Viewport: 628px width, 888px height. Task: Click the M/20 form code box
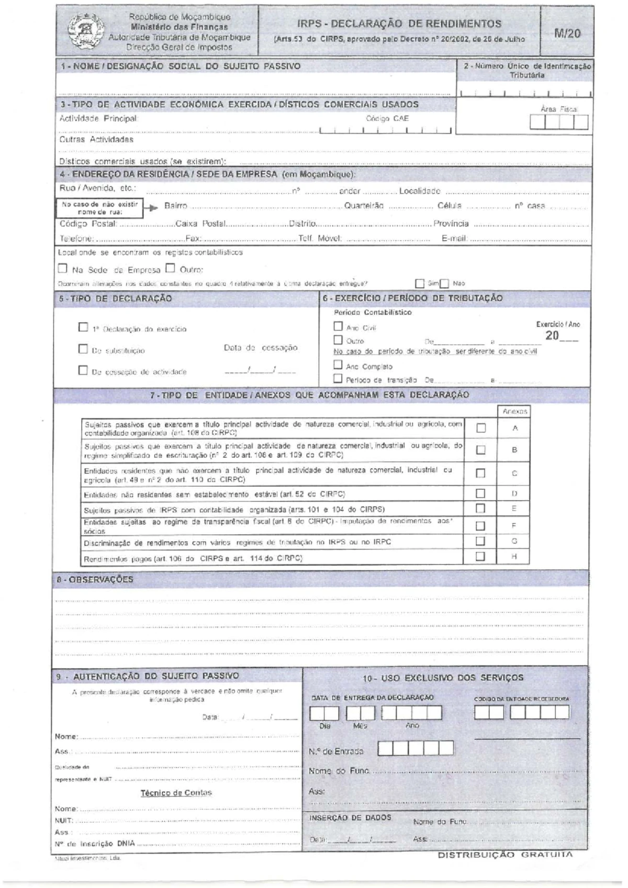pyautogui.click(x=567, y=32)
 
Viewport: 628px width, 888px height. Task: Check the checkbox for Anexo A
pyautogui.click(x=480, y=428)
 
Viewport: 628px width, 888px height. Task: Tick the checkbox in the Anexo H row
pyautogui.click(x=480, y=556)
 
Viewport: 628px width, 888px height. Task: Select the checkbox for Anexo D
pyautogui.click(x=480, y=493)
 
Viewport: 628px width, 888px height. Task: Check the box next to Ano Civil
pyautogui.click(x=338, y=326)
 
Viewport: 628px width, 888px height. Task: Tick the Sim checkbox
pyautogui.click(x=419, y=284)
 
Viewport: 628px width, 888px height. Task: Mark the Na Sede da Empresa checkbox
pyautogui.click(x=63, y=269)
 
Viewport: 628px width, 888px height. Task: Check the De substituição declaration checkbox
pyautogui.click(x=83, y=349)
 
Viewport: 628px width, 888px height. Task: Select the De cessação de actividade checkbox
pyautogui.click(x=83, y=370)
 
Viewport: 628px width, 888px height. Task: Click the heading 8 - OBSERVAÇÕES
pyautogui.click(x=95, y=579)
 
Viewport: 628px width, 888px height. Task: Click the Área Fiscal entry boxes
pyautogui.click(x=559, y=122)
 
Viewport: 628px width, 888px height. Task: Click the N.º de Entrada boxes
pyautogui.click(x=416, y=749)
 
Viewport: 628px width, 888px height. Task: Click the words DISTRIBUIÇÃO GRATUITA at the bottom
pyautogui.click(x=505, y=855)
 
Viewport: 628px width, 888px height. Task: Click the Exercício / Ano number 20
pyautogui.click(x=552, y=336)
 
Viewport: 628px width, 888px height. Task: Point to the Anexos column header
pyautogui.click(x=514, y=411)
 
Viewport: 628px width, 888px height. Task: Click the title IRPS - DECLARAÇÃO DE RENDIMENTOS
pyautogui.click(x=399, y=24)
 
